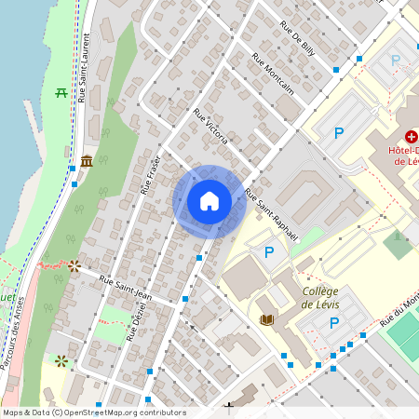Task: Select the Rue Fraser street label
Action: pyautogui.click(x=151, y=174)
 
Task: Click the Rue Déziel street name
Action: pyautogui.click(x=137, y=327)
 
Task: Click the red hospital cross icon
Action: pyautogui.click(x=411, y=136)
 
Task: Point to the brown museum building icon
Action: pyautogui.click(x=87, y=162)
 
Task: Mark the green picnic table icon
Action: pyautogui.click(x=61, y=92)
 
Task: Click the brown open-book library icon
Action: pyautogui.click(x=266, y=319)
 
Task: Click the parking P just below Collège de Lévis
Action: pyautogui.click(x=333, y=323)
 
